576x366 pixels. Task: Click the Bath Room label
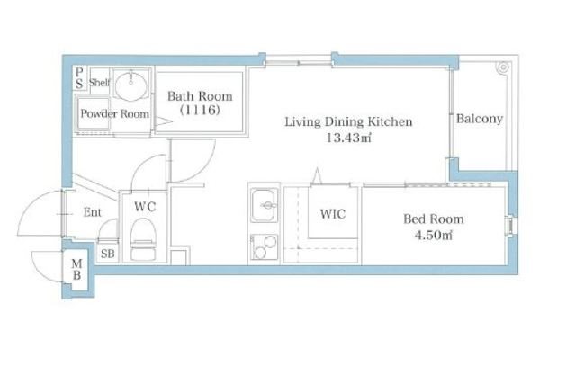[x=200, y=96]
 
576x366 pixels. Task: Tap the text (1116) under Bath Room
[x=200, y=110]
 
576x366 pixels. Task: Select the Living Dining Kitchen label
[x=348, y=121]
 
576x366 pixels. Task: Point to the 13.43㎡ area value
[x=348, y=138]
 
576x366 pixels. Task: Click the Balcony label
[x=480, y=119]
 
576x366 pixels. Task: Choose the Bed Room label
[x=434, y=219]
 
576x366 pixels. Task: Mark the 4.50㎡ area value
[x=434, y=235]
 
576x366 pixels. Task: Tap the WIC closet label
[x=332, y=214]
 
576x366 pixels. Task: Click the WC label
[x=145, y=207]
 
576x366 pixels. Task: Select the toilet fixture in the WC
[x=143, y=239]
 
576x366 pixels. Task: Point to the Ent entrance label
[x=92, y=212]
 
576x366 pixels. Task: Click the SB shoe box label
[x=108, y=254]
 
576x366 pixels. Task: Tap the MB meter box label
[x=76, y=269]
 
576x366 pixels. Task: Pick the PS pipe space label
[x=79, y=78]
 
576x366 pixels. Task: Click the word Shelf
[x=99, y=82]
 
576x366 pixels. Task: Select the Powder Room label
[x=114, y=113]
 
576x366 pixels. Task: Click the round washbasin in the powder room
[x=130, y=86]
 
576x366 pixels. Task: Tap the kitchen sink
[x=264, y=206]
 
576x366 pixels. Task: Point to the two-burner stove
[x=264, y=247]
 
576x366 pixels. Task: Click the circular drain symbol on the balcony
[x=503, y=67]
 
